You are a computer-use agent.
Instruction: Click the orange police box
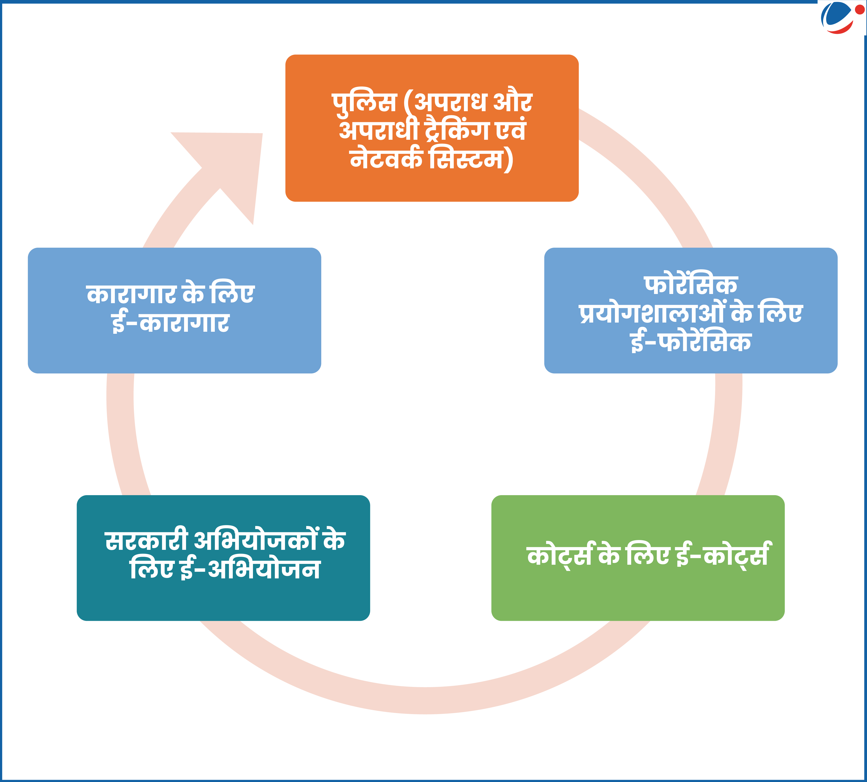click(x=432, y=128)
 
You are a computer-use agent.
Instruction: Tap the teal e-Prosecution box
click(x=223, y=558)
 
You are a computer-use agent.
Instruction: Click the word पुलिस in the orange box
click(x=364, y=103)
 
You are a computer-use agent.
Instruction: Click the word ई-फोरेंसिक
click(x=690, y=342)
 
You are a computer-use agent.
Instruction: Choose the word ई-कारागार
click(x=171, y=323)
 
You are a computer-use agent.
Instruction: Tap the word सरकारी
click(x=146, y=540)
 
